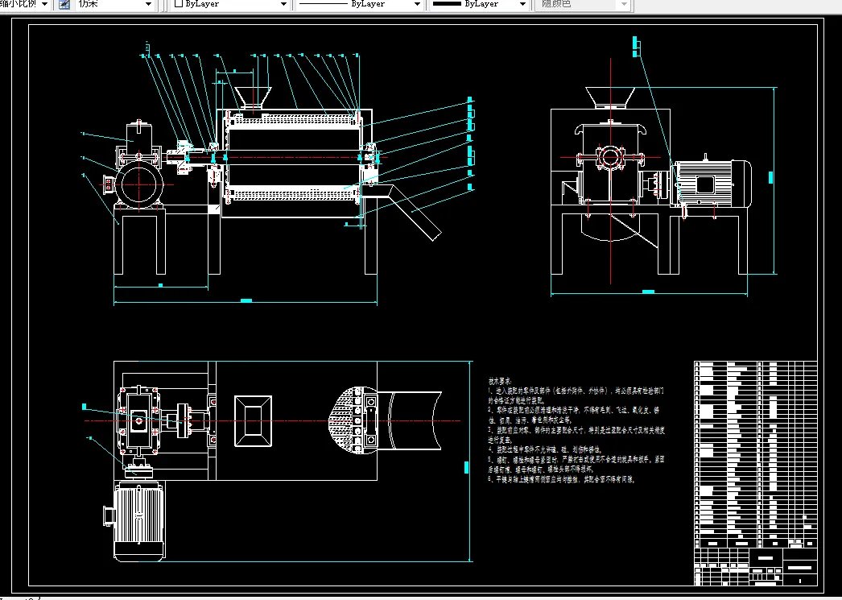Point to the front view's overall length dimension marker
[246, 301]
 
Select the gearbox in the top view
[139, 420]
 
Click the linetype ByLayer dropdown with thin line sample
[359, 5]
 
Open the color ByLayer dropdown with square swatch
[230, 5]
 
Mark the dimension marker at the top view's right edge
[466, 465]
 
